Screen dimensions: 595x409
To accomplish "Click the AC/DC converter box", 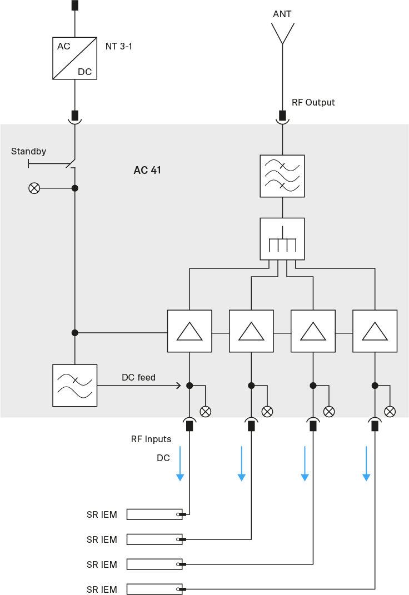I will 74,58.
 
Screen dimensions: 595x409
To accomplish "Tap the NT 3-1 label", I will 119,46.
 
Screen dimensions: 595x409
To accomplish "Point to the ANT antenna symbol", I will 282,33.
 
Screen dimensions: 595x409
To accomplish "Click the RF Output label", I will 313,103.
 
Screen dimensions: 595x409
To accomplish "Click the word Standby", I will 28,151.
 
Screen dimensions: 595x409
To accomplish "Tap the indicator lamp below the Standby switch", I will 34,188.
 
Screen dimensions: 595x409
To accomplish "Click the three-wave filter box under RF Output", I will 282,176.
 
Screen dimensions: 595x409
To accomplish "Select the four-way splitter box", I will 282,239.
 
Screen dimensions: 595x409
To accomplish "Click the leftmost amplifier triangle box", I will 189,331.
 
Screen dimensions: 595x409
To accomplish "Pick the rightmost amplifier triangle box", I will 375,331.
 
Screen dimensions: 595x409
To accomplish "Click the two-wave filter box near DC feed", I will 74,386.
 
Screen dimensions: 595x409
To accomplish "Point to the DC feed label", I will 138,378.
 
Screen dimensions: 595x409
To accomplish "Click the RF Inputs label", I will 151,439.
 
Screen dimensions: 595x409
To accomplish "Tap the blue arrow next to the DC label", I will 180,463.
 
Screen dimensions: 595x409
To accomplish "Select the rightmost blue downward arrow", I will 366,463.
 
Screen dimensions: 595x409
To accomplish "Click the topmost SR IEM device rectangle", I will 154,514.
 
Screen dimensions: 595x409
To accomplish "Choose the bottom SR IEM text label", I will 102,589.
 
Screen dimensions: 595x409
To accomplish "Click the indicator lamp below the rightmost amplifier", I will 390,411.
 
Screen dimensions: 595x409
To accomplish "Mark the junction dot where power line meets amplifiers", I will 75,333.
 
